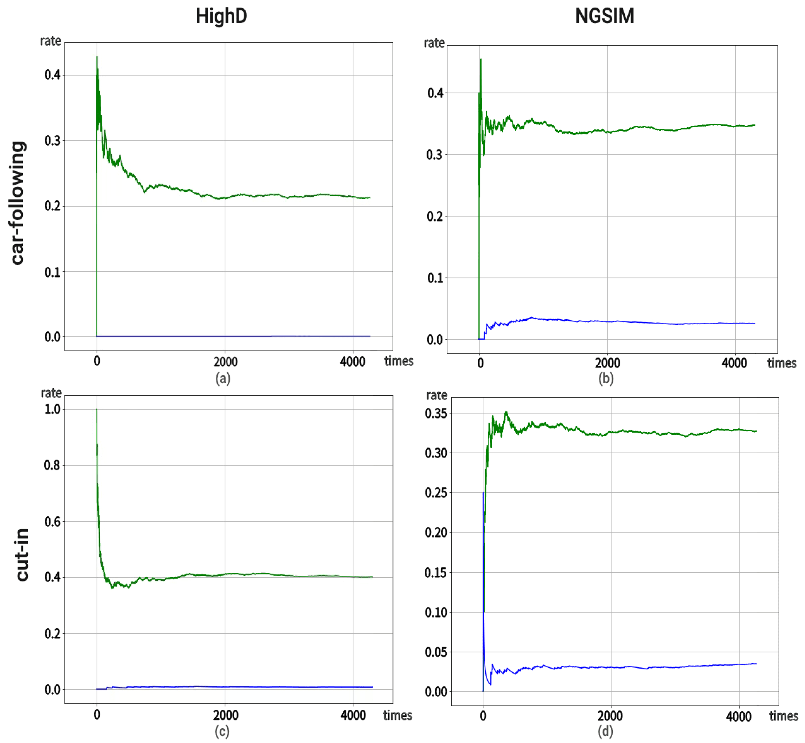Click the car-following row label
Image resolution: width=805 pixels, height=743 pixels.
click(x=18, y=203)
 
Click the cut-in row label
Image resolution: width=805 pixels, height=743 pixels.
click(x=22, y=555)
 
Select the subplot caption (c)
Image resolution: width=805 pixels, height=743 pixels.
click(x=222, y=731)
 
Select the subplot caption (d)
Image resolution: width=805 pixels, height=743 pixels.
click(x=606, y=731)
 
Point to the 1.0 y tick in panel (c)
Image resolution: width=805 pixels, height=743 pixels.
click(x=52, y=409)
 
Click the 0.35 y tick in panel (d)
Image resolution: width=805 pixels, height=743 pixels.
click(x=436, y=413)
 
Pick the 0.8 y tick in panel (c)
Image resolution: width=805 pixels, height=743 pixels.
click(x=52, y=465)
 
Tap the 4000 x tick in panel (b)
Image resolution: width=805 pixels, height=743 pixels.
click(x=734, y=363)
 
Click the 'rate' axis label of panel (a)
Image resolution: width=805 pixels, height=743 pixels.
click(x=51, y=41)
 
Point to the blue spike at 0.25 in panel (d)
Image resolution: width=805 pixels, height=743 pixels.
click(x=483, y=493)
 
